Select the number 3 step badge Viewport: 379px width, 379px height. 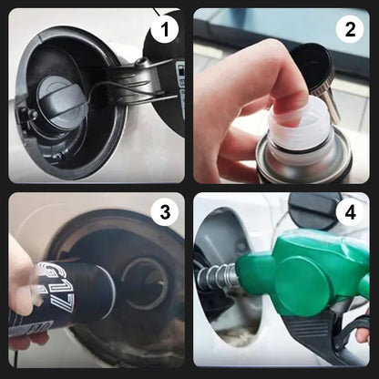coord(164,213)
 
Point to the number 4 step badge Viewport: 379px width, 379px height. coord(348,213)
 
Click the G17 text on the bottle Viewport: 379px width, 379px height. coord(57,278)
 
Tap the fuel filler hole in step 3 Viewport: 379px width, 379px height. coord(145,279)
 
